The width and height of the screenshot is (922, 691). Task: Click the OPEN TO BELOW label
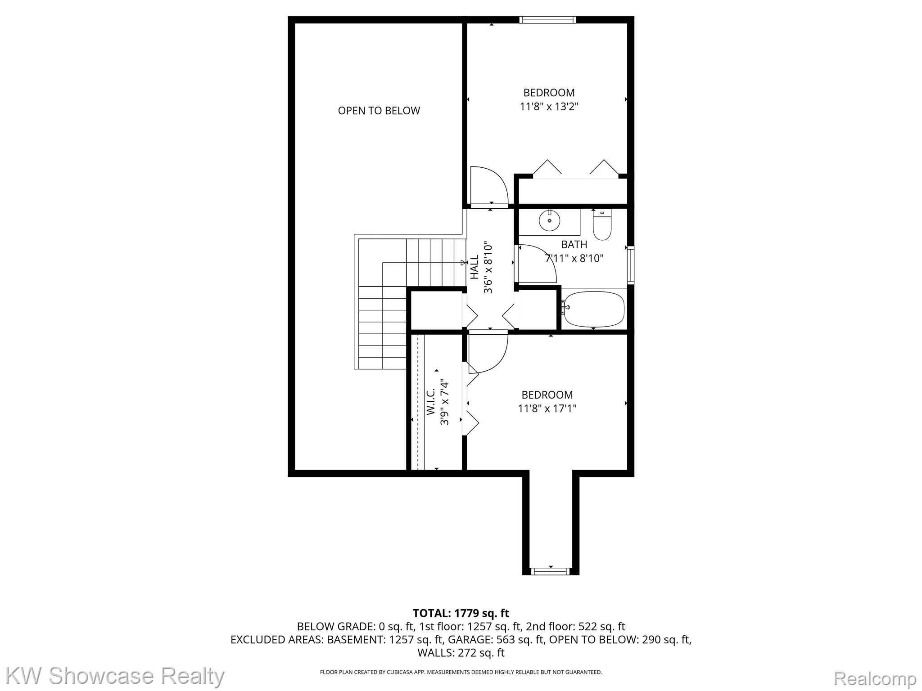[379, 111]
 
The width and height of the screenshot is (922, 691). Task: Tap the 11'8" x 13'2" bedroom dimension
[549, 107]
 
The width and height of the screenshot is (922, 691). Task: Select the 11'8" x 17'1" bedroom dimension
[547, 409]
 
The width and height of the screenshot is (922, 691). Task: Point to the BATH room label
[574, 245]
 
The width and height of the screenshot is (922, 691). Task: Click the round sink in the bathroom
[549, 220]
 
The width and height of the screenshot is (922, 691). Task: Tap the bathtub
[594, 310]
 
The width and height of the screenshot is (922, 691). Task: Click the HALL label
[475, 267]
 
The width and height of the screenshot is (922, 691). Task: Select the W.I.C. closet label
[430, 402]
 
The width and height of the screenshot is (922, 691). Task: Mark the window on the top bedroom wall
[547, 20]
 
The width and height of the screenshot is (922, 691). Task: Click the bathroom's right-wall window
[631, 265]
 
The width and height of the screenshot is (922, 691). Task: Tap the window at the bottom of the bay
[550, 571]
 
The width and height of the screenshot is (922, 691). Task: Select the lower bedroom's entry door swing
[487, 352]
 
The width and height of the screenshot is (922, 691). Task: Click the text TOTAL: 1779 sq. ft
[461, 613]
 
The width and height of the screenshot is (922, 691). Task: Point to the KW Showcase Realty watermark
[115, 676]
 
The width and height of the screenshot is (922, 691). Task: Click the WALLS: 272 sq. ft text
[461, 653]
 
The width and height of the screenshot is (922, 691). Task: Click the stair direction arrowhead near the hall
[463, 263]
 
